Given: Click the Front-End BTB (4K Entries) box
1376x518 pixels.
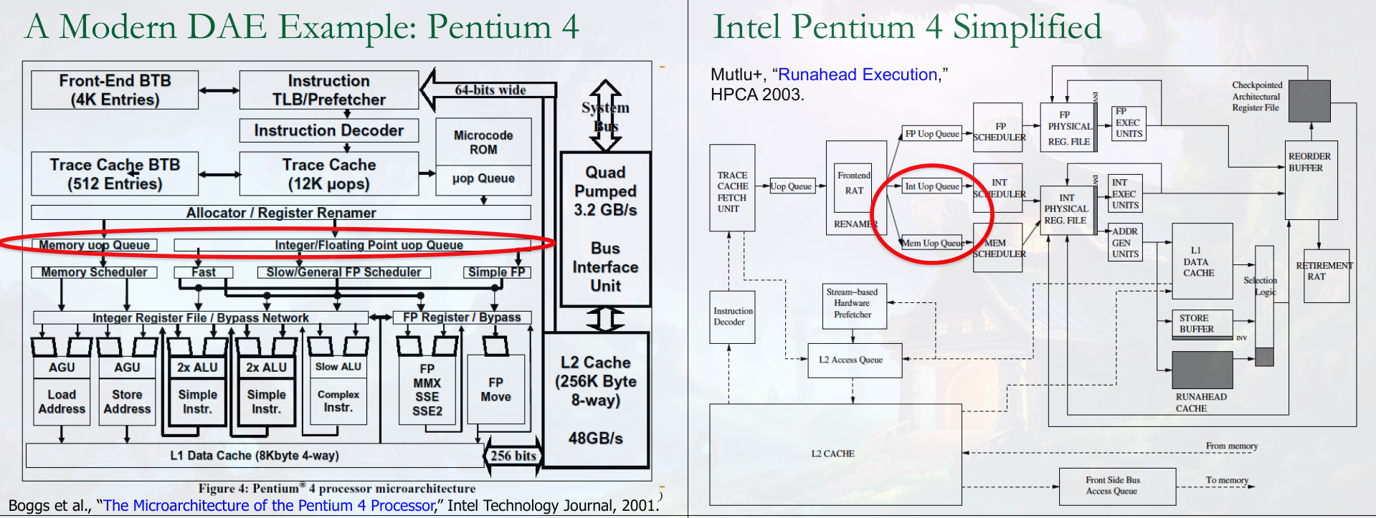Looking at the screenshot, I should point(115,90).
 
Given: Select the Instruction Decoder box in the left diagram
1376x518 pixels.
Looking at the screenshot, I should point(328,130).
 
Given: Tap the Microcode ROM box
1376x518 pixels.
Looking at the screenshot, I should point(483,143).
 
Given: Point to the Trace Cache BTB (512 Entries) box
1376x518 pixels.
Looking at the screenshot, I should point(115,174).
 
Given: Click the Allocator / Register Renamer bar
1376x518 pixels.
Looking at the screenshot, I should point(280,213).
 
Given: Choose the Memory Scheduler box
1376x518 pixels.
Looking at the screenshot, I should point(94,272).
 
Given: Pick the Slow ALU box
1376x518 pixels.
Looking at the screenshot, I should point(338,367).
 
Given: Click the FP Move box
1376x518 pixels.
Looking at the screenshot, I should point(495,390).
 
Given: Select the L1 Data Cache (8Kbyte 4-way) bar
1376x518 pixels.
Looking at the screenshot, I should point(255,456).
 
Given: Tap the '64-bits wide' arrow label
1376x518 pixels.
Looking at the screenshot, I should point(490,90).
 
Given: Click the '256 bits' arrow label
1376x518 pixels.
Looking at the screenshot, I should point(513,456).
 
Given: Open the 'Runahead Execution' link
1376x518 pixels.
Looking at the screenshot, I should point(858,75).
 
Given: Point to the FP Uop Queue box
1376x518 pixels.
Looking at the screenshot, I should point(931,134).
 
